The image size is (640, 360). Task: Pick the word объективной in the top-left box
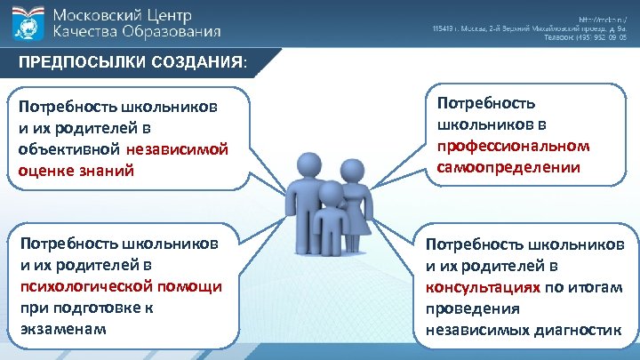69,148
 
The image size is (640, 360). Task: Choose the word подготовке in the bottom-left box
92,308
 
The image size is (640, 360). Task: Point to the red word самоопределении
502,166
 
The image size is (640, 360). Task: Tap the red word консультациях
482,287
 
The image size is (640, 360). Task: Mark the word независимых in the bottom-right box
471,330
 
